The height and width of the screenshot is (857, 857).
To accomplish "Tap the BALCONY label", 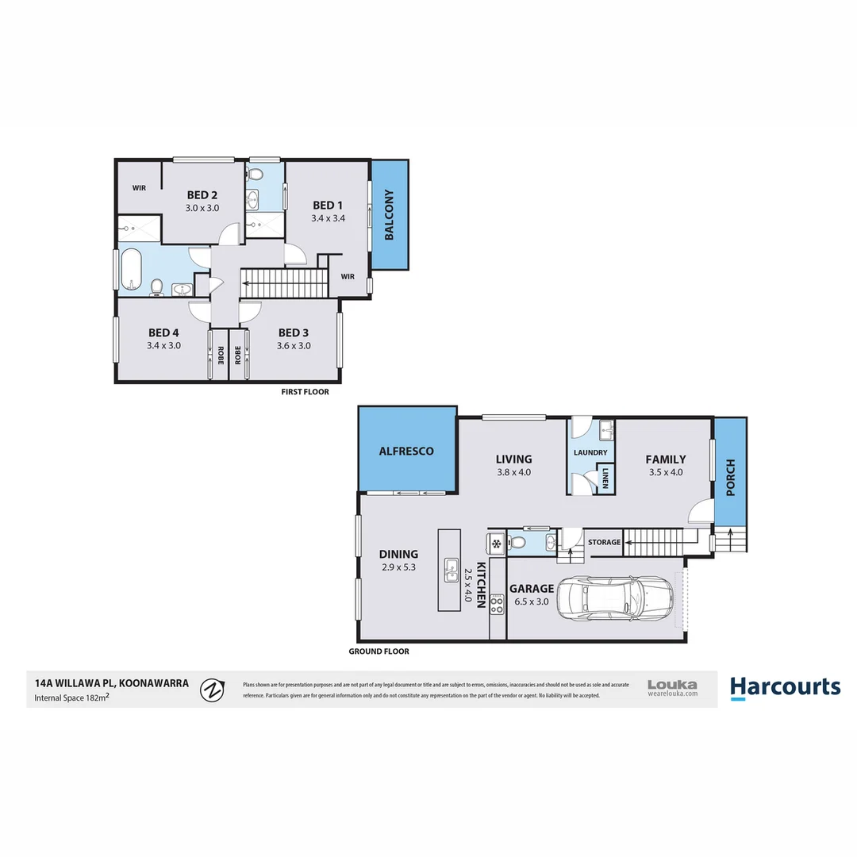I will (390, 215).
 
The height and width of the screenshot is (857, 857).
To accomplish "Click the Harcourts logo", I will (785, 686).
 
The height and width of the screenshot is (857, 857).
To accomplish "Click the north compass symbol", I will (211, 690).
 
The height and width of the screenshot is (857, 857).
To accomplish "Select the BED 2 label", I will (202, 195).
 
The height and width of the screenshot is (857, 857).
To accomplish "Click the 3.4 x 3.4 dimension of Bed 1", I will (328, 218).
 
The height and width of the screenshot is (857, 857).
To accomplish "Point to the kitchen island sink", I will (450, 567).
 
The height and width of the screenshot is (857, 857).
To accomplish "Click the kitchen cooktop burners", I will (498, 605).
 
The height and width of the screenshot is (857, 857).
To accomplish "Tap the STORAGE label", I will (605, 542).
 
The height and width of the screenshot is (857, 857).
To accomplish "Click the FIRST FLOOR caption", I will (305, 392).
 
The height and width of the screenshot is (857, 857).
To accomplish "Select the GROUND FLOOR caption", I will (379, 651).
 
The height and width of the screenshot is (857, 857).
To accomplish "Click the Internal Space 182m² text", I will (71, 698).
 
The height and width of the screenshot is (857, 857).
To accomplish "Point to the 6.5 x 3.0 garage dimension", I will (532, 601).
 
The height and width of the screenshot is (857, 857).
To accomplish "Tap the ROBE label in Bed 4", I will (220, 355).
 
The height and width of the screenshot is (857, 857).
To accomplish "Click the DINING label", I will (398, 555).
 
